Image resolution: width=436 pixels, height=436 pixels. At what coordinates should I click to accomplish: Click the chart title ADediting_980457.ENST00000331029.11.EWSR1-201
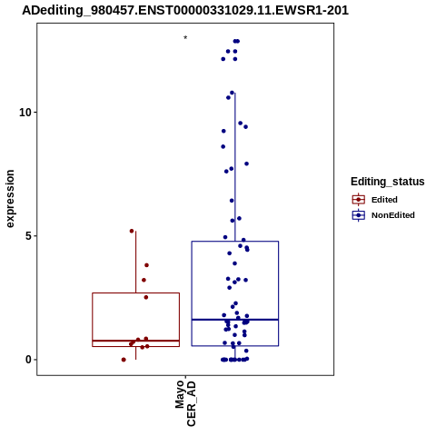pos(185,11)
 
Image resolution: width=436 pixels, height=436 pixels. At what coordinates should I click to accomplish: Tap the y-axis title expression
pos(10,199)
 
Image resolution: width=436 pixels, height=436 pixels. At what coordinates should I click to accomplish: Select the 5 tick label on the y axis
pos(28,236)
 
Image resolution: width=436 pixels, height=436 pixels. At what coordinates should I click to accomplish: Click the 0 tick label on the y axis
pos(28,360)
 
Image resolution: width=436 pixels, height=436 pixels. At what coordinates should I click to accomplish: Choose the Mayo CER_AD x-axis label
pos(185,403)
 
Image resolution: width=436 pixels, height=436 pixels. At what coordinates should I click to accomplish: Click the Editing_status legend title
pos(388,182)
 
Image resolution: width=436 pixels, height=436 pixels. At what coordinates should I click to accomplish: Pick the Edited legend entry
pos(384,200)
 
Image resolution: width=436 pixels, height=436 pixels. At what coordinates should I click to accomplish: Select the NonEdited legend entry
pos(393,215)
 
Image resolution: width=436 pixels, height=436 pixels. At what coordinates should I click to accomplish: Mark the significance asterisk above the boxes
pos(185,38)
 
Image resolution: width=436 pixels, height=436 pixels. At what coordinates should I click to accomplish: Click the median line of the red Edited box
pos(136,341)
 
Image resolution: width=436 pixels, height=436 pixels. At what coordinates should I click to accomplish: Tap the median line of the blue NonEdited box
pos(235,320)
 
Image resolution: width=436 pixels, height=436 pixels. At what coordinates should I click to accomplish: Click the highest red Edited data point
pos(132,231)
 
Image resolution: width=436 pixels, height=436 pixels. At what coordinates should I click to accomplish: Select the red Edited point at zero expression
pos(124,360)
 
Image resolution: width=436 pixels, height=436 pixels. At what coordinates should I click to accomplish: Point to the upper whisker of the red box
pos(135,263)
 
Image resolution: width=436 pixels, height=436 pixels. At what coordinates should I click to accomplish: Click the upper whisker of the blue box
pos(235,167)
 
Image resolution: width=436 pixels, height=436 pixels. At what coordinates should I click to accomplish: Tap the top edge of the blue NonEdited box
pos(235,242)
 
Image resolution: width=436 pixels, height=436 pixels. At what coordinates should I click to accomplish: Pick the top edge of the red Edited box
pos(136,293)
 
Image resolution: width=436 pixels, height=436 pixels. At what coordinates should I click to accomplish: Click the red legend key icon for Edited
pos(359,200)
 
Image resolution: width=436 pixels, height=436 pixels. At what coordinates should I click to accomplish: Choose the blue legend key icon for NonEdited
pos(359,215)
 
